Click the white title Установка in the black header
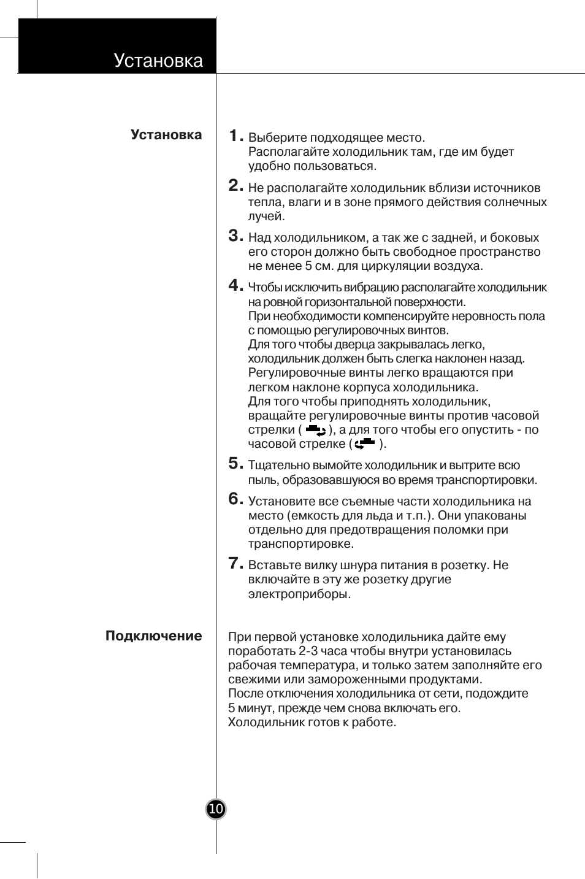click(158, 61)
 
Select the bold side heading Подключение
click(153, 636)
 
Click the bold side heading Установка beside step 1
click(166, 135)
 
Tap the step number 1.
click(234, 136)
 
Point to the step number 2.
click(234, 186)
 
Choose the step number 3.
click(234, 236)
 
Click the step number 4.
click(234, 285)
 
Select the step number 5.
click(234, 463)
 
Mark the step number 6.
click(234, 499)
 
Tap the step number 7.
click(234, 563)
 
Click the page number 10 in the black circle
click(216, 810)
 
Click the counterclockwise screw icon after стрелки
click(315, 430)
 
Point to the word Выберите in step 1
click(277, 138)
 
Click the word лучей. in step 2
click(266, 217)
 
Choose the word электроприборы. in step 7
click(299, 594)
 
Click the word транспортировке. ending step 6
click(300, 544)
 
